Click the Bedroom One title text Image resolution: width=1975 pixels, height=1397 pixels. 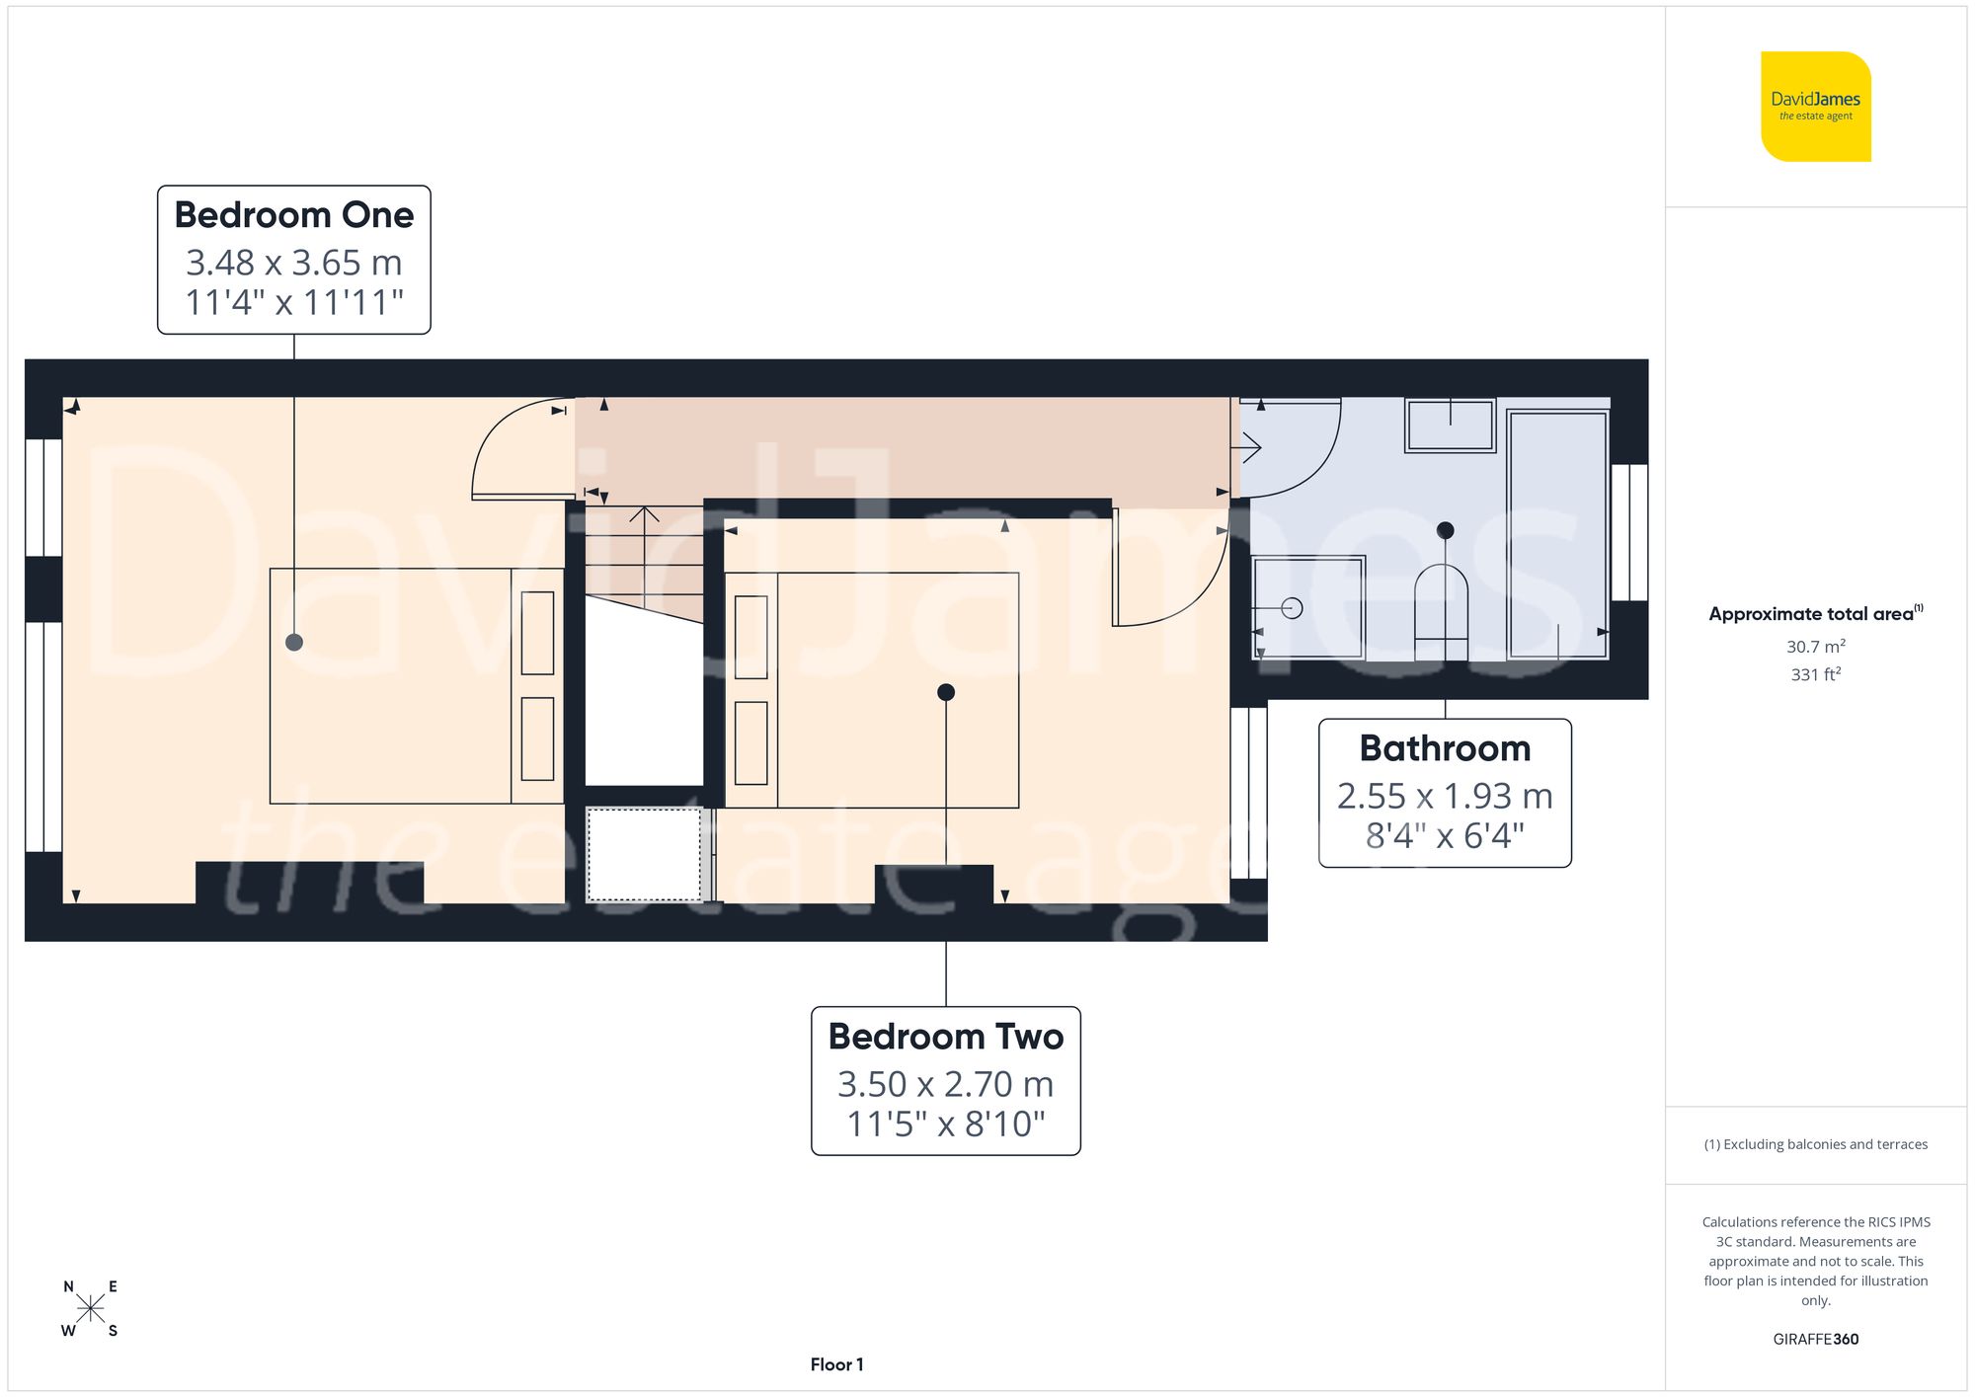[x=293, y=215]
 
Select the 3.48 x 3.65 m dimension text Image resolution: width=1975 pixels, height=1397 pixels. [x=293, y=263]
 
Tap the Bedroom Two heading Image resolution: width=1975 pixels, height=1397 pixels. [x=945, y=1037]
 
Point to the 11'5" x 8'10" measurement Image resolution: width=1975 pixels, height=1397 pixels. [x=945, y=1124]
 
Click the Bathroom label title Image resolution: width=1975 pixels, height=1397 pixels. [x=1445, y=748]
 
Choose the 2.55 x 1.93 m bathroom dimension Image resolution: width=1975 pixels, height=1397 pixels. [x=1445, y=796]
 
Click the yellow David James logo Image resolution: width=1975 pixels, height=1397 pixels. [x=1815, y=107]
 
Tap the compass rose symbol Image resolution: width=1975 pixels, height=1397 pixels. [x=90, y=1309]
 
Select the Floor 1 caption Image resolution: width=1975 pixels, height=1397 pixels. [x=836, y=1364]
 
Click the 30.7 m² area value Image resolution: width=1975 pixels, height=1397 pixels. [x=1815, y=647]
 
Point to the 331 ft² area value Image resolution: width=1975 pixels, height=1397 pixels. [x=1815, y=674]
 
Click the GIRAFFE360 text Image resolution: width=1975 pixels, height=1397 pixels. [x=1815, y=1340]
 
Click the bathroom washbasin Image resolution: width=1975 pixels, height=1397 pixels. [x=1450, y=425]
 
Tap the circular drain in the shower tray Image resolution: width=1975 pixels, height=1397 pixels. [x=1292, y=608]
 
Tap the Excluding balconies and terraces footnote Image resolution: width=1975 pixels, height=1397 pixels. [x=1815, y=1144]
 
